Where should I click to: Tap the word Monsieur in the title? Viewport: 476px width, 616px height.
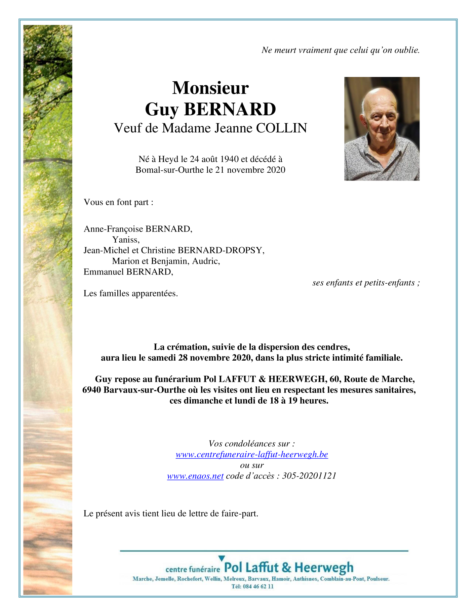[x=210, y=88]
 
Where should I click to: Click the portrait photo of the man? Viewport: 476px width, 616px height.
[x=382, y=129]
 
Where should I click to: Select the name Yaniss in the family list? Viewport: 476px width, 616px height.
[x=126, y=240]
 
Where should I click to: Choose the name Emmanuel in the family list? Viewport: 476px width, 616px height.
[x=104, y=272]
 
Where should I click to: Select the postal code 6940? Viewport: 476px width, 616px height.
[x=92, y=390]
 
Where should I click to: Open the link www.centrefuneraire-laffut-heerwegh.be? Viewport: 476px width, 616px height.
[x=252, y=454]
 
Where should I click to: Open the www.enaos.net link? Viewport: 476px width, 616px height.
[x=195, y=476]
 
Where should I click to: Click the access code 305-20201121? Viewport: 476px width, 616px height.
[x=309, y=476]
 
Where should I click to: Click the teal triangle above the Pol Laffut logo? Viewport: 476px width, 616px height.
[x=222, y=558]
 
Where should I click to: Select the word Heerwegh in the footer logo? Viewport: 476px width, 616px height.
[x=324, y=568]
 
